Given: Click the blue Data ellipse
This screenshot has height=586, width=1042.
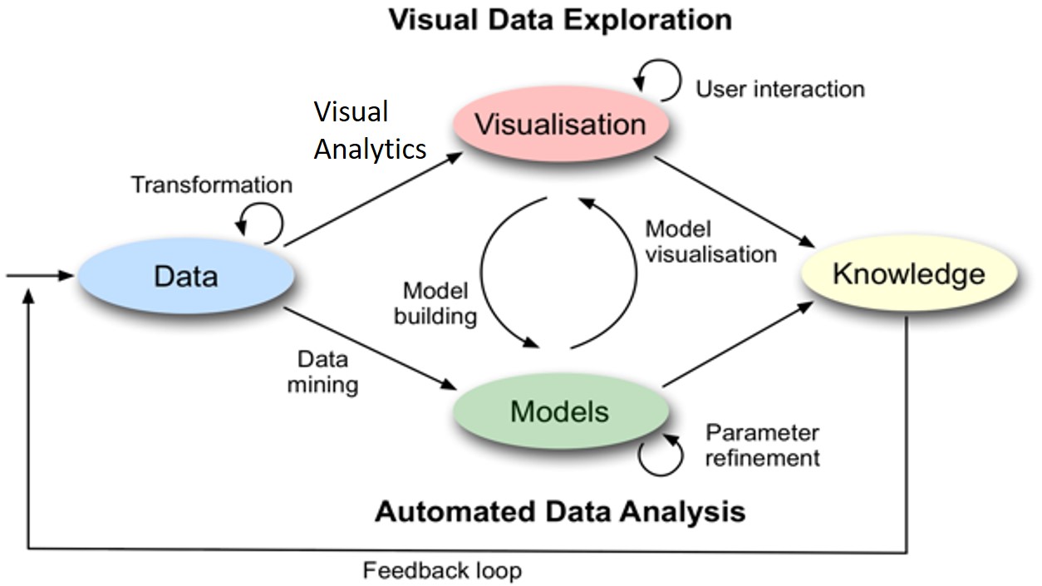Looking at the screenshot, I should tap(185, 277).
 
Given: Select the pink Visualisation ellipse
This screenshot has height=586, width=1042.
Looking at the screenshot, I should tap(560, 125).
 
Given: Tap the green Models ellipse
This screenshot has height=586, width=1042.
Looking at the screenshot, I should tap(560, 411).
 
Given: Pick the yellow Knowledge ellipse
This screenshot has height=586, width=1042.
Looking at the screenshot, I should tap(909, 274).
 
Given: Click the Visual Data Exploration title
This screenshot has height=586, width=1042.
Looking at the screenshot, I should tap(561, 19).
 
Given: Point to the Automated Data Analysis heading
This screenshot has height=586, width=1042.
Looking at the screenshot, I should tap(560, 510).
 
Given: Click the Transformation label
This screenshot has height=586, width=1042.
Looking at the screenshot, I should tap(211, 185).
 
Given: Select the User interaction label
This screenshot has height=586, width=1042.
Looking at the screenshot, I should tap(780, 88).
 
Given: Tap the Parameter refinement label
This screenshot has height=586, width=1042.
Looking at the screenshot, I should tap(762, 446).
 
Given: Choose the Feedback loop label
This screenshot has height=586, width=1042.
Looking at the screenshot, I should tap(442, 571).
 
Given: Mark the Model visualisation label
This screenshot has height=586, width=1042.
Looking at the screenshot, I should tap(710, 241).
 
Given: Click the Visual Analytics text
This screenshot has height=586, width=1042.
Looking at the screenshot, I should tap(370, 130).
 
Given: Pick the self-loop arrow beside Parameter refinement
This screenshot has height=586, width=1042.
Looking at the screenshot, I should tap(661, 456).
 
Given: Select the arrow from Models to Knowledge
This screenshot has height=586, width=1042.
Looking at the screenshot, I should tap(738, 345).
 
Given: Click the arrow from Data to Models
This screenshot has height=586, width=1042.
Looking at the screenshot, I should tap(370, 349).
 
